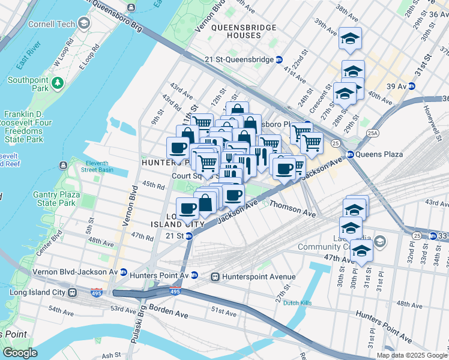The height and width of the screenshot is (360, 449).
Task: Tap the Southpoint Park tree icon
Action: point(58,82)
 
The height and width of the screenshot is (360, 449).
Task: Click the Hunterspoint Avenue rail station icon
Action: point(214,277)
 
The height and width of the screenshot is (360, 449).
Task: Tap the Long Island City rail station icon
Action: point(71,293)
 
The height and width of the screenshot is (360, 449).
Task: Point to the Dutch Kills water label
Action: point(298,303)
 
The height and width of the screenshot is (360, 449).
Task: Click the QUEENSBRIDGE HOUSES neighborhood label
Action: point(244,32)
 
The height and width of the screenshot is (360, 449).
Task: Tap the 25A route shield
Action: point(373,133)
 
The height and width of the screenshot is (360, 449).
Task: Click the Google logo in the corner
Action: point(20,353)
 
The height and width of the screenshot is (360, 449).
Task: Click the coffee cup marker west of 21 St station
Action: point(187,208)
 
